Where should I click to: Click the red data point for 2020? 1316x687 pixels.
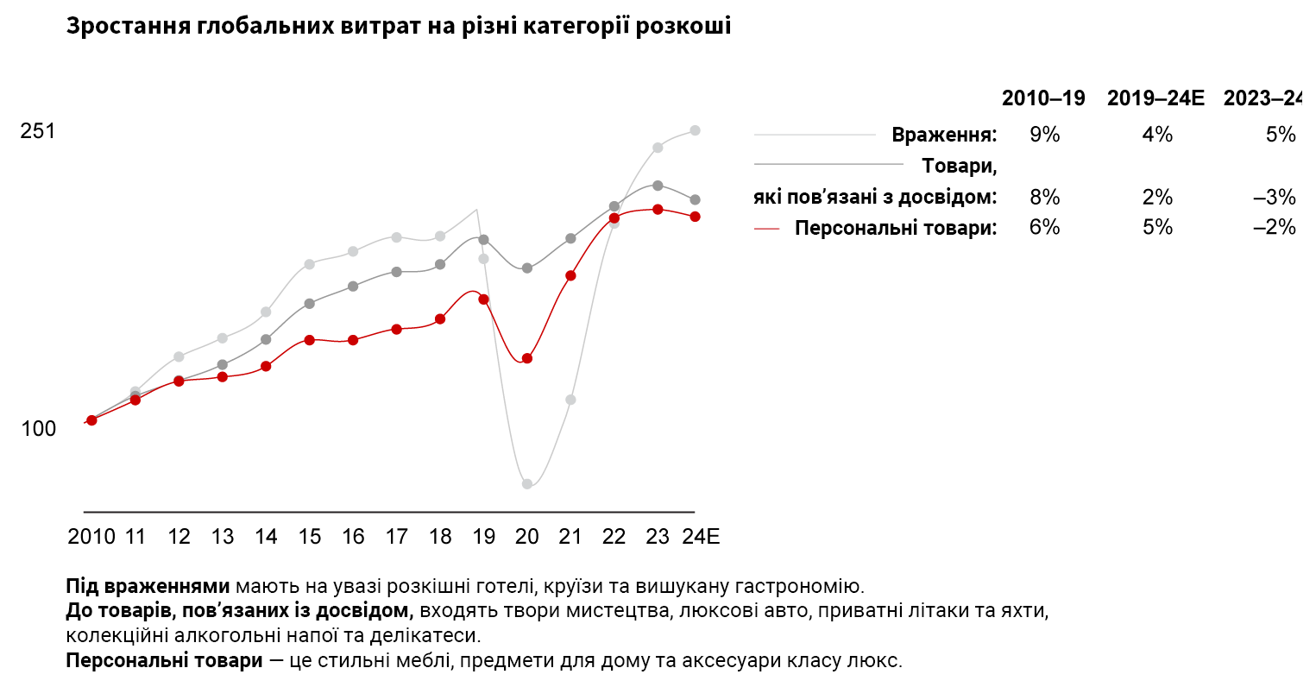click(527, 358)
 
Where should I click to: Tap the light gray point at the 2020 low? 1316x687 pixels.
click(527, 484)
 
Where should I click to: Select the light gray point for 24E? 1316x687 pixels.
click(695, 130)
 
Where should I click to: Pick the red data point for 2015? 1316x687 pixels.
click(310, 340)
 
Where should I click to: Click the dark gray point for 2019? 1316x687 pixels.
click(484, 239)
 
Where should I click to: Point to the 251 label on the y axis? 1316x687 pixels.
click(37, 131)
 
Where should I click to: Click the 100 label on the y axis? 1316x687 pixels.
click(38, 429)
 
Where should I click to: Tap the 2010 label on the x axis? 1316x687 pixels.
click(91, 537)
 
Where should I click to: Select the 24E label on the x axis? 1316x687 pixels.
click(700, 537)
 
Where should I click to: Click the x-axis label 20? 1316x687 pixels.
click(527, 537)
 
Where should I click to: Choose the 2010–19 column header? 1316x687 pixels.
click(1043, 98)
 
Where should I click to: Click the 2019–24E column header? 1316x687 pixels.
click(1155, 98)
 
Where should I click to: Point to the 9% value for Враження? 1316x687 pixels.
click(1044, 135)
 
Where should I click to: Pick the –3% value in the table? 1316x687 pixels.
click(1275, 198)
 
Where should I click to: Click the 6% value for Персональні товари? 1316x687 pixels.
click(1044, 227)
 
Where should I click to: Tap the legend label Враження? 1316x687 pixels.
click(944, 136)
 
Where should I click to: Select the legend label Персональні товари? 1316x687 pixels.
click(896, 229)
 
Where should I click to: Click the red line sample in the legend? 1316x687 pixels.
click(766, 229)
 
